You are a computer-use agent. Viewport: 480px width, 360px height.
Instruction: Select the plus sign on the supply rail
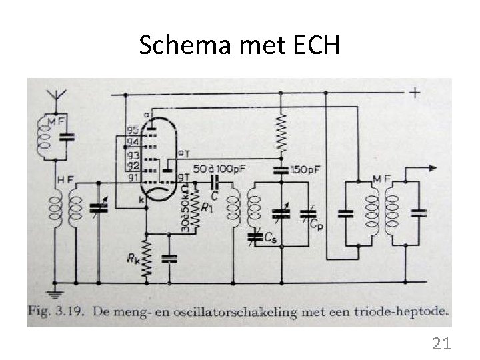415,92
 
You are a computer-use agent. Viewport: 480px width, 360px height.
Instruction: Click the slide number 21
441,344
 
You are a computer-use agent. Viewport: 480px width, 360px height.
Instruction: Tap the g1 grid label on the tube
133,177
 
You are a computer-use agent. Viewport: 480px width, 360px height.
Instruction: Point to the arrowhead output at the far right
424,169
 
